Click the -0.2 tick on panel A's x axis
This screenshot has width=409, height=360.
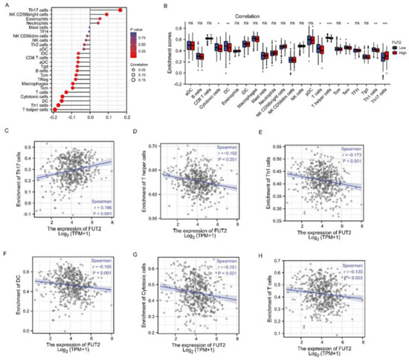[x=53, y=118]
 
